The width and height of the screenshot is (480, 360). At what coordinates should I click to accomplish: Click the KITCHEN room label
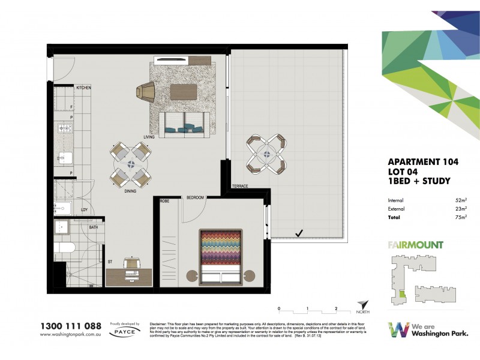pos(83,88)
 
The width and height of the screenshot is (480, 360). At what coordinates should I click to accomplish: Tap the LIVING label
pos(149,137)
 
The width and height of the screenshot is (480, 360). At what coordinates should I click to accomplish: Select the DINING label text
pos(130,191)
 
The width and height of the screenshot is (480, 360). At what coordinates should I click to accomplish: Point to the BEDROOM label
pos(196,197)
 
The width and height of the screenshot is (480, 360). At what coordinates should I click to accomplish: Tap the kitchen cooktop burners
pos(64,128)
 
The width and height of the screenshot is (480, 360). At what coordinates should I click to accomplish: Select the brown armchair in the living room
pos(146,92)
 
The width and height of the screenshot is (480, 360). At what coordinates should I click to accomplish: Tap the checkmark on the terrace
pos(299,232)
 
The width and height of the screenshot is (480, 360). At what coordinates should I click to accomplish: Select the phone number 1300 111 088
pos(70,326)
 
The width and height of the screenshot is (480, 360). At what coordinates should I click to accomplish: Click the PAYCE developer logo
pos(125,330)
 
